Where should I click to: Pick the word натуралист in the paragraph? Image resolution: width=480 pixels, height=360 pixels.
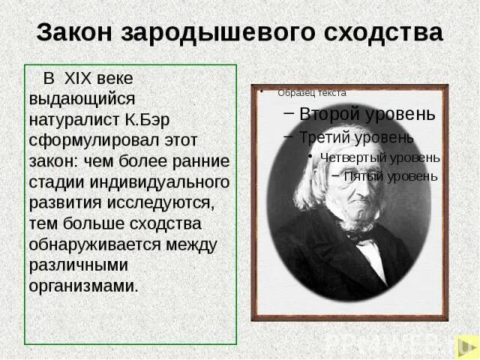tap(76, 118)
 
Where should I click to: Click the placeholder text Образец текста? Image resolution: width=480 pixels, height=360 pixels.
tap(312, 93)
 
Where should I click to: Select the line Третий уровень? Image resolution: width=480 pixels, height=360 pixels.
tap(356, 138)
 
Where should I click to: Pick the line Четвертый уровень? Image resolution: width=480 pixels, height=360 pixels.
tap(379, 157)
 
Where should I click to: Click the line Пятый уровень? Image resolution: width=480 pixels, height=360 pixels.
tap(390, 176)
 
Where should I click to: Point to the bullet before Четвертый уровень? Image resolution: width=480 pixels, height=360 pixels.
tap(310, 157)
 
